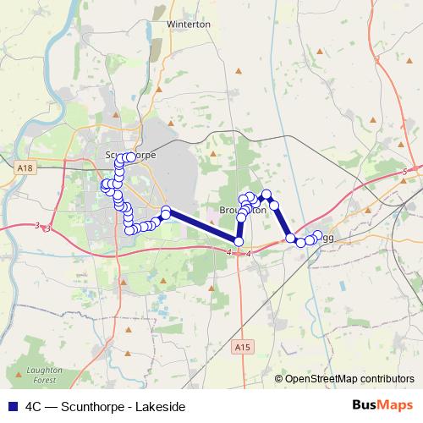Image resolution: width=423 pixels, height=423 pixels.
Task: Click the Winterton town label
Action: [x=189, y=25]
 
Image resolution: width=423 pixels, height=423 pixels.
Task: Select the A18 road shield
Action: [x=25, y=169]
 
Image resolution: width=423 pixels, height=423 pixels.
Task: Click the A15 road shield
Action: [x=244, y=347]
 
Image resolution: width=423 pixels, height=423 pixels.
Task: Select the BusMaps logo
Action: [x=382, y=405]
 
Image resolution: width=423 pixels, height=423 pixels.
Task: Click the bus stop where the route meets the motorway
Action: [x=239, y=242]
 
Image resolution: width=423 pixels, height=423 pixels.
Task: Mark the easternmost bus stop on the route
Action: [x=318, y=234]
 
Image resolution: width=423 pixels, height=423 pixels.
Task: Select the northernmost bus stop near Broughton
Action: [x=266, y=194]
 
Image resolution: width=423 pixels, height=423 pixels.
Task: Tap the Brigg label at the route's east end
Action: [x=327, y=238]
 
